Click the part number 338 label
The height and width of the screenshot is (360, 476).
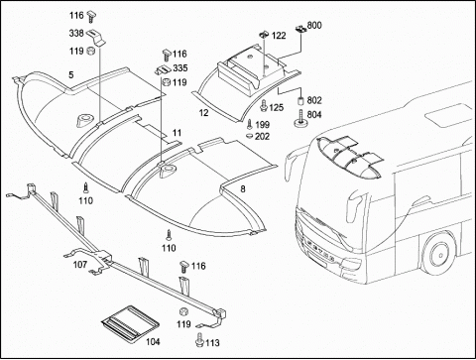[x=76, y=34]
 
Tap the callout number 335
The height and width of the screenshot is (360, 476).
[x=180, y=68]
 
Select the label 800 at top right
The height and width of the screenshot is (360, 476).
[x=314, y=26]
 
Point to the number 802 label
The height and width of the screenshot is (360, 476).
[x=314, y=100]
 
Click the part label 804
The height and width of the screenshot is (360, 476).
[x=314, y=115]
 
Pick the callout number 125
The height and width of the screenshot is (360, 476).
[x=276, y=108]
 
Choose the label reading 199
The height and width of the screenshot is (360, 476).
[x=263, y=125]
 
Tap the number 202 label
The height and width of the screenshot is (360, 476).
[x=262, y=136]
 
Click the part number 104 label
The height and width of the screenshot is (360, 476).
[x=153, y=341]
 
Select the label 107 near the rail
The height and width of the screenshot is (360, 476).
[x=80, y=265]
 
